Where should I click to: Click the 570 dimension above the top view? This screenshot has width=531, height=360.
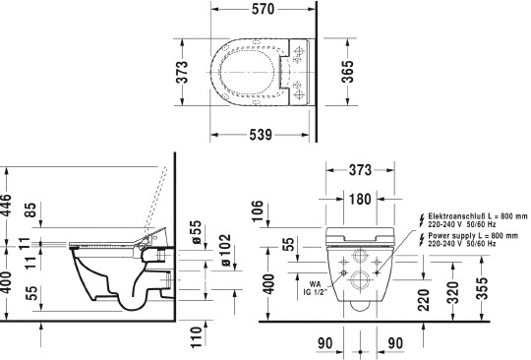click(x=263, y=9)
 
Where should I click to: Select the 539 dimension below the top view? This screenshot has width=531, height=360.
click(x=261, y=135)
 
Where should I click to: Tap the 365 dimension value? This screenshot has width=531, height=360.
click(x=347, y=72)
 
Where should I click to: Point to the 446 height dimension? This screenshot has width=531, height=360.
click(x=6, y=205)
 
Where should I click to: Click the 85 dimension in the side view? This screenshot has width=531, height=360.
click(x=30, y=210)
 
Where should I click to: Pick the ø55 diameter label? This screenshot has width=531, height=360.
click(x=196, y=232)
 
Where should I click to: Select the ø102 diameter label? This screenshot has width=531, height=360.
click(x=225, y=250)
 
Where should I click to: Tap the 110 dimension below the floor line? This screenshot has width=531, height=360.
click(x=197, y=337)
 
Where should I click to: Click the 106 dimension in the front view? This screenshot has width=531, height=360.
click(x=257, y=210)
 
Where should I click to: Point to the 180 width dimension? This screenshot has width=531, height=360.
click(x=360, y=199)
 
